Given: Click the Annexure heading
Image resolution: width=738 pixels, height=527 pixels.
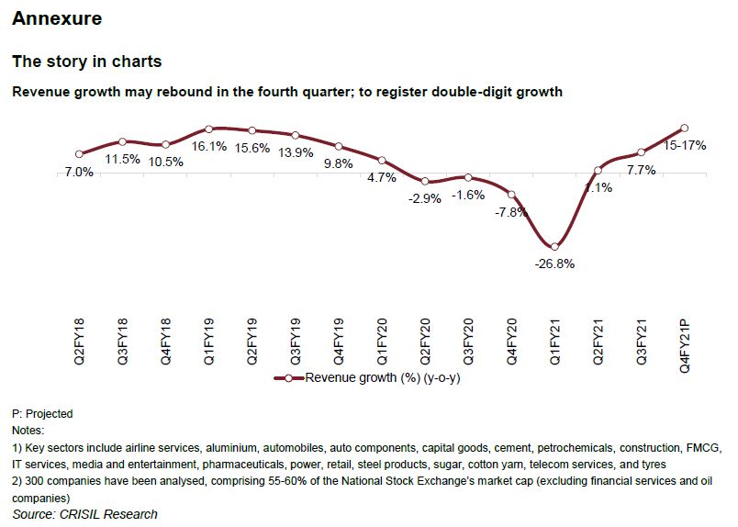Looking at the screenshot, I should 57,18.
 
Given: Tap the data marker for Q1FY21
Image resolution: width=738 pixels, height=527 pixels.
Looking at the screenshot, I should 555,246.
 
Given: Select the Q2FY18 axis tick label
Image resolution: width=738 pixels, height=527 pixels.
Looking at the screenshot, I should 81,343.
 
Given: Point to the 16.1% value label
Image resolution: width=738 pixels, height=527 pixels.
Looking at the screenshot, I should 210,146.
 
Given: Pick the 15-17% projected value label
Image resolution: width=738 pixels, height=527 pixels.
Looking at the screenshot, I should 685,145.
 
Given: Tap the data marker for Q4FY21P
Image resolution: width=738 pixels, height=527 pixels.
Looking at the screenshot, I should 685,128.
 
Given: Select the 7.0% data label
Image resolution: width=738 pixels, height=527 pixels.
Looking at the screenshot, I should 79,172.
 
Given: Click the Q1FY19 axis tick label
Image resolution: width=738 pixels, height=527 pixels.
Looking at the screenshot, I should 210,343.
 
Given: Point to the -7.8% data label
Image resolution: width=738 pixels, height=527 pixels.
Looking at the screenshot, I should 512,212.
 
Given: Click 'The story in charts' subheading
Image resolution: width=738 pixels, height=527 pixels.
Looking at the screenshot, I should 86,62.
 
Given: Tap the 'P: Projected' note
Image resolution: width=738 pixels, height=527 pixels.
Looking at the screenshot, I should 42,414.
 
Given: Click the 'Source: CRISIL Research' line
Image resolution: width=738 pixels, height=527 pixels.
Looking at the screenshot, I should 84,514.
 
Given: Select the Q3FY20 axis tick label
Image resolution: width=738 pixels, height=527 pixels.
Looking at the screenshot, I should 469,343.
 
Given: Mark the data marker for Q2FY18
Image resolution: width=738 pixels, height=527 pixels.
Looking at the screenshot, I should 80,154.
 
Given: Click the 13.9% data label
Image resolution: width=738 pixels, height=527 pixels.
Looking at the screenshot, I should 296,151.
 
